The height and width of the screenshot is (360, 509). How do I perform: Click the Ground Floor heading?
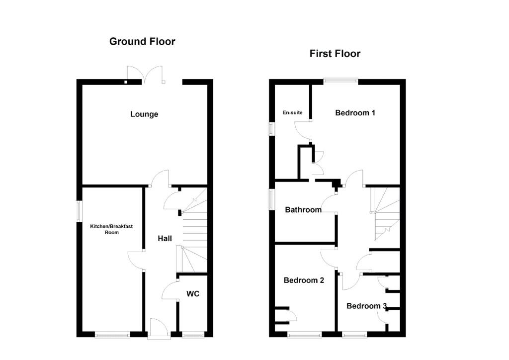point(142,42)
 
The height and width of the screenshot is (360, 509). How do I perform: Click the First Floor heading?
point(335,54)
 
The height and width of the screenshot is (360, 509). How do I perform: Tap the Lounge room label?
point(144,114)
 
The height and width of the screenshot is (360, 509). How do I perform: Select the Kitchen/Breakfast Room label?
point(111,229)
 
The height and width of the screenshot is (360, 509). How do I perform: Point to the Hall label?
point(165,239)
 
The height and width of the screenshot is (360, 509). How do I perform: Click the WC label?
point(192,294)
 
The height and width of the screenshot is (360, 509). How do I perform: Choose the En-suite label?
point(292,113)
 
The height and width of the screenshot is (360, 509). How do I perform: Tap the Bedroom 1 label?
point(355,113)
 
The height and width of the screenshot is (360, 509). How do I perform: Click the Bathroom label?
point(303,210)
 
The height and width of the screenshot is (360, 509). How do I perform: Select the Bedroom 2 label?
point(304,280)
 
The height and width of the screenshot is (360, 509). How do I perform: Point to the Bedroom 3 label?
point(366,306)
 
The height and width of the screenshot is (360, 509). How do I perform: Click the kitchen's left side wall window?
point(79,212)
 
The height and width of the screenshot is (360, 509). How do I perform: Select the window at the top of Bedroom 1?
point(341,81)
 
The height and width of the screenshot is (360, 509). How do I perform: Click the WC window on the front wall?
point(193,334)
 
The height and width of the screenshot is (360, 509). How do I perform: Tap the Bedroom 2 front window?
point(305,334)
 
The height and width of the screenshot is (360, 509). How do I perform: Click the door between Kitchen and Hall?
point(136,261)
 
